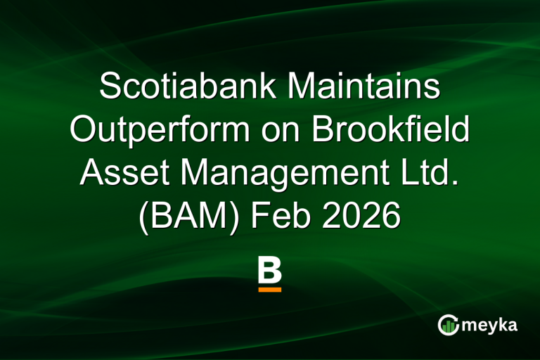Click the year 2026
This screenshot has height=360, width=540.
click(366, 215)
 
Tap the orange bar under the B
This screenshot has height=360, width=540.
click(269, 289)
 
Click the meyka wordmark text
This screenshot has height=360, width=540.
click(489, 325)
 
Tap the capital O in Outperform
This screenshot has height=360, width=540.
click(86, 131)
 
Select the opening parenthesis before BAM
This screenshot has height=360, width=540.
click(143, 215)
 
